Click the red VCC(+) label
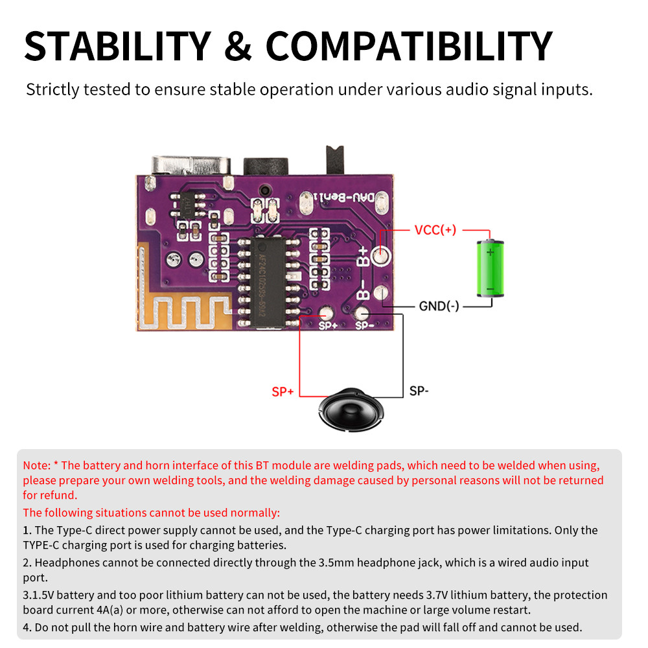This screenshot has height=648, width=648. (x=435, y=230)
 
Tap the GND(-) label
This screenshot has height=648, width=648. (x=439, y=306)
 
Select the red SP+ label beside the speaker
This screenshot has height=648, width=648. (x=283, y=392)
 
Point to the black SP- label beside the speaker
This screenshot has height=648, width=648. (x=419, y=391)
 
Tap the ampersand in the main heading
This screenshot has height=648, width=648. (x=238, y=45)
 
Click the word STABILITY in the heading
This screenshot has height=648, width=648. (x=117, y=45)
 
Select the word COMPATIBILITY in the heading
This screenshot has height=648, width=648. (x=409, y=45)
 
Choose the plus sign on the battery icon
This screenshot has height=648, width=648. (x=491, y=252)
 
